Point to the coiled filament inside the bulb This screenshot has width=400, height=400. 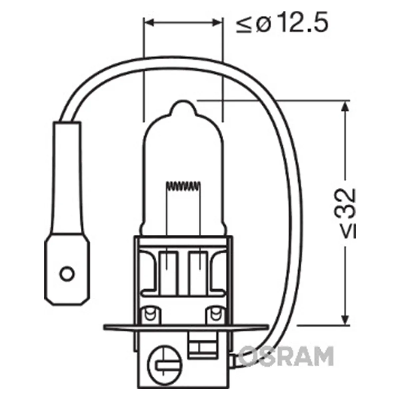pos(183,186)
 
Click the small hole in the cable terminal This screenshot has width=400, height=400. pos(67,273)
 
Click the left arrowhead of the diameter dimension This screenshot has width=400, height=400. pos(149,23)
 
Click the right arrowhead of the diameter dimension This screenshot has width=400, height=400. pos(217,23)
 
